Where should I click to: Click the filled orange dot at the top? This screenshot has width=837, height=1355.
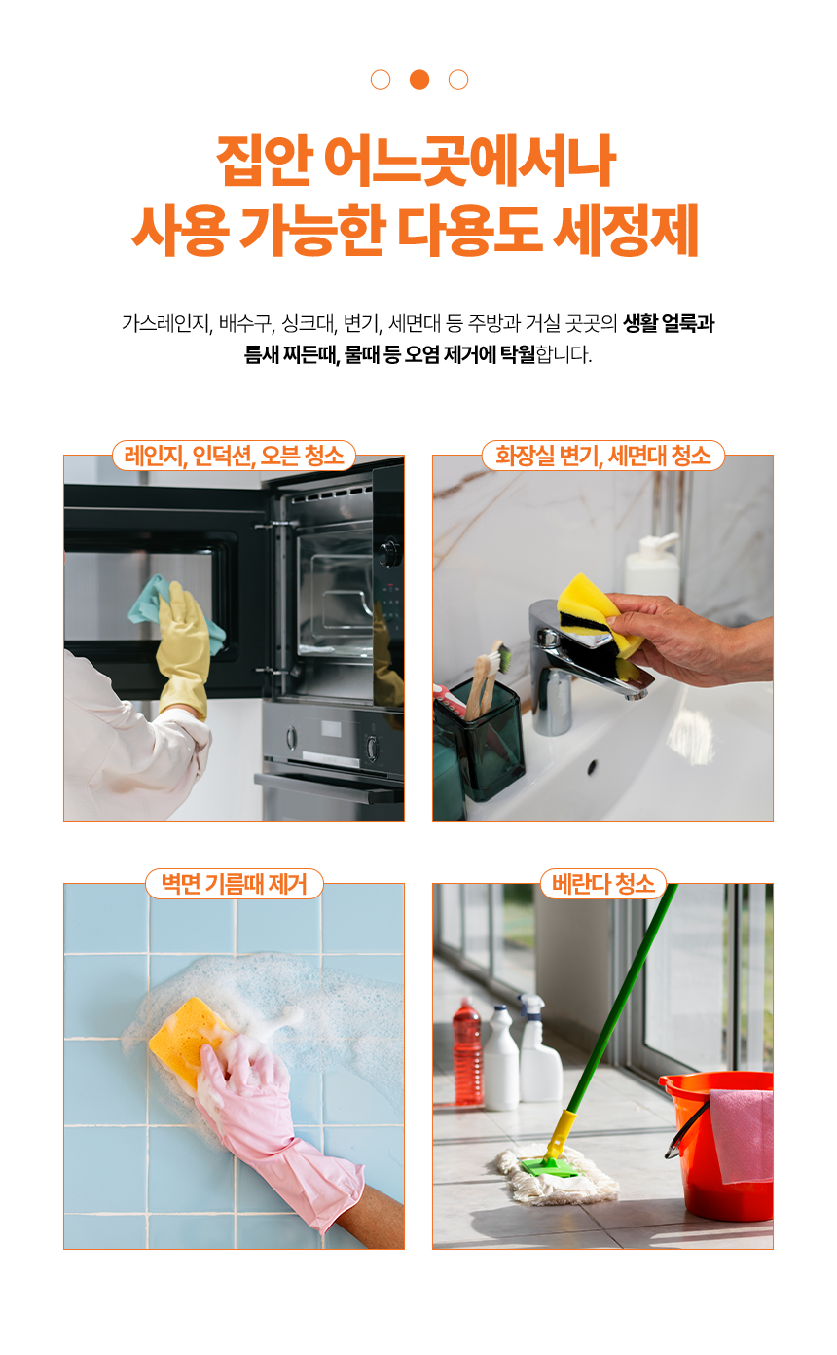pos(419,79)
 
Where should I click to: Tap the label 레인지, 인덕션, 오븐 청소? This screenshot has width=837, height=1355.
pos(234,456)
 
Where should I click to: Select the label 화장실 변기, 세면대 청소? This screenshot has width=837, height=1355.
pos(603,456)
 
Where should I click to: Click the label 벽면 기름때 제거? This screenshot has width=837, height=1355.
pos(235,884)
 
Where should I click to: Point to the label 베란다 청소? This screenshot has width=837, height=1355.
pos(603,884)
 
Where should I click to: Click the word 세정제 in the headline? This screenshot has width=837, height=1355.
pos(626,231)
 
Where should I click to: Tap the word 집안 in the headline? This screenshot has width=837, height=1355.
pos(265,161)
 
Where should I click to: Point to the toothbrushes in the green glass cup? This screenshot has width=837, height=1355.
pos(487,678)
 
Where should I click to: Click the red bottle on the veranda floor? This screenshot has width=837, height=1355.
pos(468,1052)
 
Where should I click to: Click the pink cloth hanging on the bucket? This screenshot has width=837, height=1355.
pos(742,1135)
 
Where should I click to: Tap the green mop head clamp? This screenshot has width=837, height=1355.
pos(549,1167)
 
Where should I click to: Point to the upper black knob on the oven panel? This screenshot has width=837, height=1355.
pos(388,553)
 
